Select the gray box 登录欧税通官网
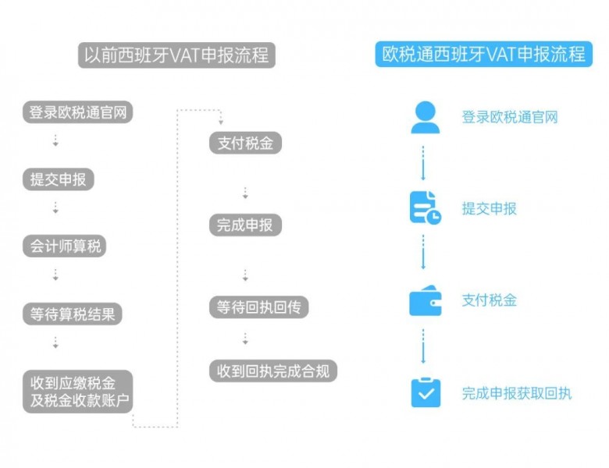click(77, 112)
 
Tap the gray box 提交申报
click(58, 179)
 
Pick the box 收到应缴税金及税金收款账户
click(78, 392)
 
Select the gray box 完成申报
click(245, 225)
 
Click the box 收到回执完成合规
click(273, 370)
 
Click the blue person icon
click(425, 117)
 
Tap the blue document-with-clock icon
click(425, 207)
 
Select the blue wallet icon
click(425, 301)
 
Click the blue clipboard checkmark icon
click(425, 392)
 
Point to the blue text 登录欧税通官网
click(509, 118)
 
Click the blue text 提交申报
click(489, 208)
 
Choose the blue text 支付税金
click(489, 300)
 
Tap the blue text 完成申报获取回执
click(516, 393)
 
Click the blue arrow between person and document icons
click(424, 162)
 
